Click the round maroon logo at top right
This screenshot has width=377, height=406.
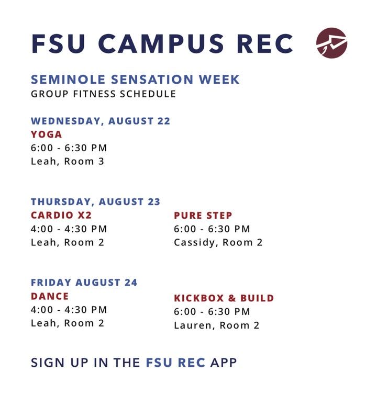[x=331, y=43]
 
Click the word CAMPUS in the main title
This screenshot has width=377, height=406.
[x=161, y=43]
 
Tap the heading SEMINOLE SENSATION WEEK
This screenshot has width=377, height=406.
[x=135, y=79]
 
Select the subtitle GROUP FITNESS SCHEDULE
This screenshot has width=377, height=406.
[x=103, y=94]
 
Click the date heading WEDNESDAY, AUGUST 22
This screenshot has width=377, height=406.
[x=101, y=121]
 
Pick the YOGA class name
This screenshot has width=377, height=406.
[x=47, y=134]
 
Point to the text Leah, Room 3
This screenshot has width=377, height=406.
[x=68, y=161]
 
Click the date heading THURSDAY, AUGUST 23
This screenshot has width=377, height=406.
[x=96, y=202]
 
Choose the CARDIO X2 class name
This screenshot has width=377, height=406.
[x=61, y=215]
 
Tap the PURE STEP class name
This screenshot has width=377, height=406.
[x=203, y=216]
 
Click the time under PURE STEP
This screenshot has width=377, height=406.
[x=212, y=229]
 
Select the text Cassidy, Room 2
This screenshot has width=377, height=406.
[x=218, y=242]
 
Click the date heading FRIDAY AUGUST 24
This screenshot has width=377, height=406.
[x=84, y=283]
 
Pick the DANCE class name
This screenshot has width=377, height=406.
[x=50, y=296]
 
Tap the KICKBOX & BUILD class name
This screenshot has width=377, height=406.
[x=224, y=298]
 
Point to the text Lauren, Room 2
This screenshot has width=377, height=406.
[x=217, y=325]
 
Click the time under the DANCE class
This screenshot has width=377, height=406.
[x=69, y=310]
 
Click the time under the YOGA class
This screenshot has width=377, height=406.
[x=69, y=148]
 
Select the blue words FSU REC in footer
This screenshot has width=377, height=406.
[x=176, y=363]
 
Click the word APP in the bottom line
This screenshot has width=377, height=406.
[x=224, y=363]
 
